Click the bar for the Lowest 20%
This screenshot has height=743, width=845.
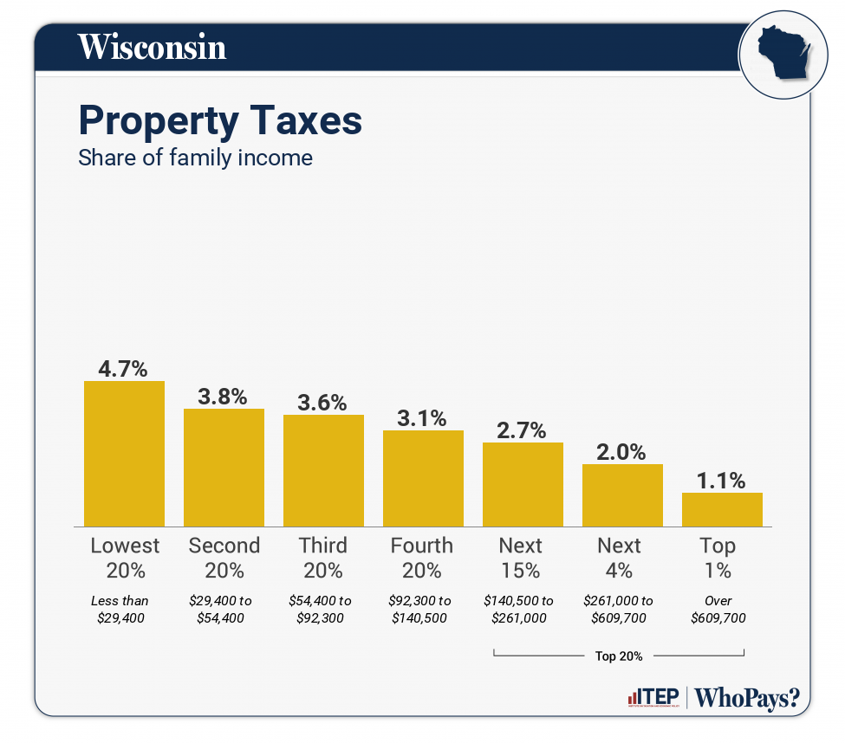[124, 453]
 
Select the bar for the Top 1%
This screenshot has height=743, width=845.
[722, 509]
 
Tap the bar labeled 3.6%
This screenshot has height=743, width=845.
[323, 470]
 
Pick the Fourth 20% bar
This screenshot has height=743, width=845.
[423, 478]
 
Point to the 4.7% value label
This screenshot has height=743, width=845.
[124, 369]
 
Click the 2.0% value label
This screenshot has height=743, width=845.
[622, 451]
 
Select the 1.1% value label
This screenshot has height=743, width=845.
[722, 481]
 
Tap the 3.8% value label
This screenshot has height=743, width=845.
[224, 397]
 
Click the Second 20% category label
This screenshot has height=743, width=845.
[224, 558]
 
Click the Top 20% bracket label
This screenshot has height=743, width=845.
[619, 656]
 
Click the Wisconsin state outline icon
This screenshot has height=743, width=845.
[779, 54]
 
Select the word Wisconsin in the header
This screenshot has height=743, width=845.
[153, 47]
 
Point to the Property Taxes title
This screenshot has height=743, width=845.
[220, 120]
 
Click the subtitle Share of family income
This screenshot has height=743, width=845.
[195, 158]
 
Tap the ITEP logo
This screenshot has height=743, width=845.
[652, 698]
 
